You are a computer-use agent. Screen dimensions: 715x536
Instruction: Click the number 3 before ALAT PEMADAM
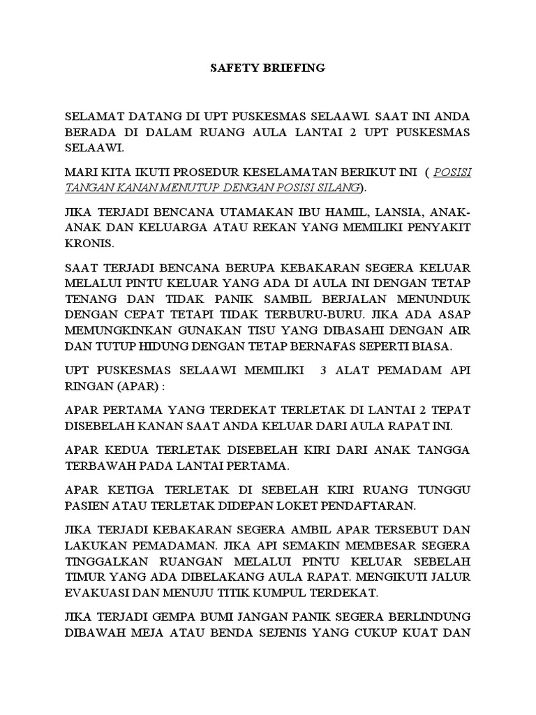point(323,371)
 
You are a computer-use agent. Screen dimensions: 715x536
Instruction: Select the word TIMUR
point(85,576)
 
